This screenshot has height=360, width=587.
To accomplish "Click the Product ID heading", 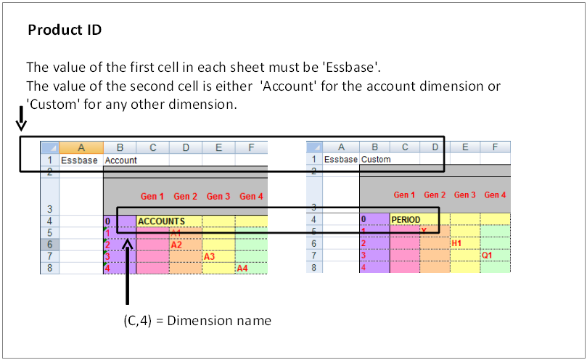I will (65, 30).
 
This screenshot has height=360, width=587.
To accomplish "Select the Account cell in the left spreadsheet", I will (120, 160).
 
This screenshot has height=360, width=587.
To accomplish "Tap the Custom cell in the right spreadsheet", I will (376, 160).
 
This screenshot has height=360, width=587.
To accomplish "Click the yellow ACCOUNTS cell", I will (161, 221).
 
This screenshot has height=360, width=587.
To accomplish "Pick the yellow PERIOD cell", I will (406, 219).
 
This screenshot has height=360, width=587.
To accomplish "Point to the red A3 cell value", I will (209, 256).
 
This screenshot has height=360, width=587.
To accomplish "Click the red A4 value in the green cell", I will (242, 269).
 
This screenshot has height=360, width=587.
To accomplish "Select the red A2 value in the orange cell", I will (176, 245).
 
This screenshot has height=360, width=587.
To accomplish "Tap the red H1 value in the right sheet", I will (457, 243).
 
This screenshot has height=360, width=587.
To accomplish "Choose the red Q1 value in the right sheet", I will (487, 255).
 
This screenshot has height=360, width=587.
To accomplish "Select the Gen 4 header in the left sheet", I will (251, 197).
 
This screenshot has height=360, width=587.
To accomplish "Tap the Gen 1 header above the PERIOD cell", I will (404, 195).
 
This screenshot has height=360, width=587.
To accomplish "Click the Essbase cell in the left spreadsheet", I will (79, 160).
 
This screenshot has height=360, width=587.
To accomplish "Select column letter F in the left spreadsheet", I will (251, 147).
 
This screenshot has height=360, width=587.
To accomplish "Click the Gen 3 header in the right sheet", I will (465, 195).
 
